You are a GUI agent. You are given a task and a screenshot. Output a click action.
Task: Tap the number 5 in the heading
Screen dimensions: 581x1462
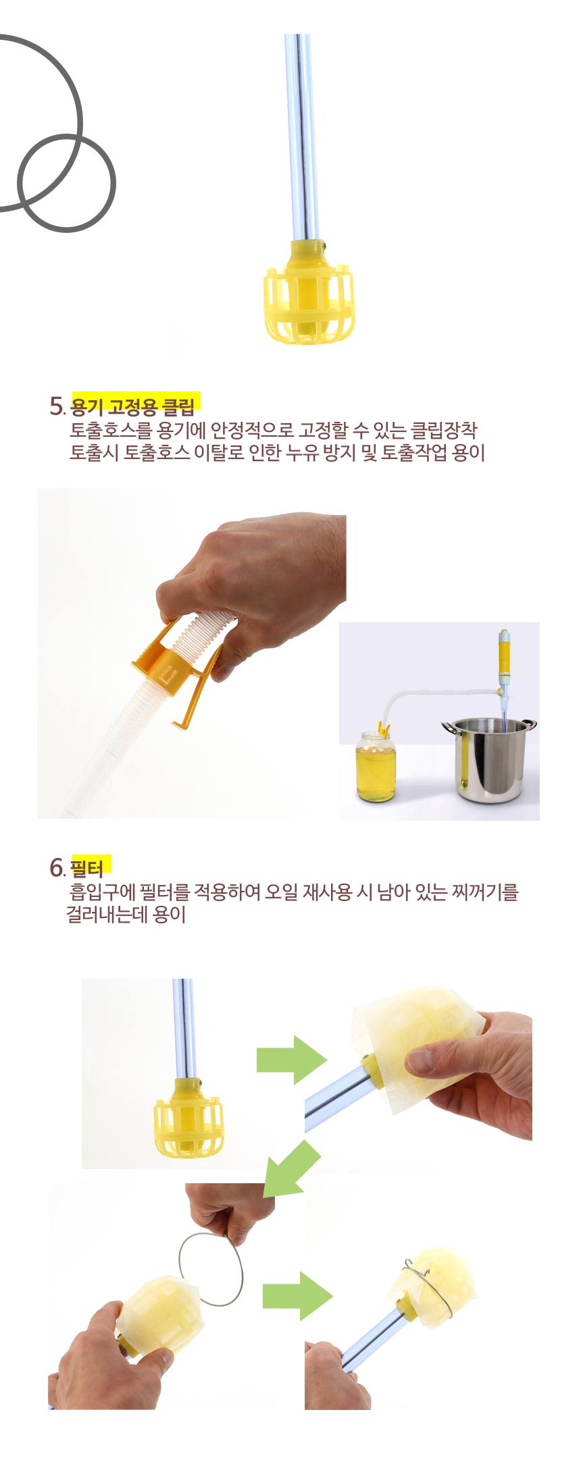coord(56,406)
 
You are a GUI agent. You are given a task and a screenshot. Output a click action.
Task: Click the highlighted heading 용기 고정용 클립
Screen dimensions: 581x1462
coord(132,406)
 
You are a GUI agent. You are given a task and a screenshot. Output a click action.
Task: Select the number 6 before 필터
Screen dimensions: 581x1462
coord(56,867)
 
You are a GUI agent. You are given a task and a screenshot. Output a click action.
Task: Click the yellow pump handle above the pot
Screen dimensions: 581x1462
coord(504,655)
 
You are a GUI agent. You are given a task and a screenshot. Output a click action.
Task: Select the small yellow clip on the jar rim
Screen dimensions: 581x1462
coord(384,729)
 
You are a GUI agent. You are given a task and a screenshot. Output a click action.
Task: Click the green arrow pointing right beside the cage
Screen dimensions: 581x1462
coord(291,1060)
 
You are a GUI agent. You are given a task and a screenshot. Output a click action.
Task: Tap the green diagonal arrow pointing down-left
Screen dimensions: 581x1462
coord(290,1170)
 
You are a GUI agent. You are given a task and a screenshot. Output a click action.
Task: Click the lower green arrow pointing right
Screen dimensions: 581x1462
coord(297,1296)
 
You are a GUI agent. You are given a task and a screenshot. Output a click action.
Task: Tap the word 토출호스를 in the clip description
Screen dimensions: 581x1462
coord(111,431)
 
